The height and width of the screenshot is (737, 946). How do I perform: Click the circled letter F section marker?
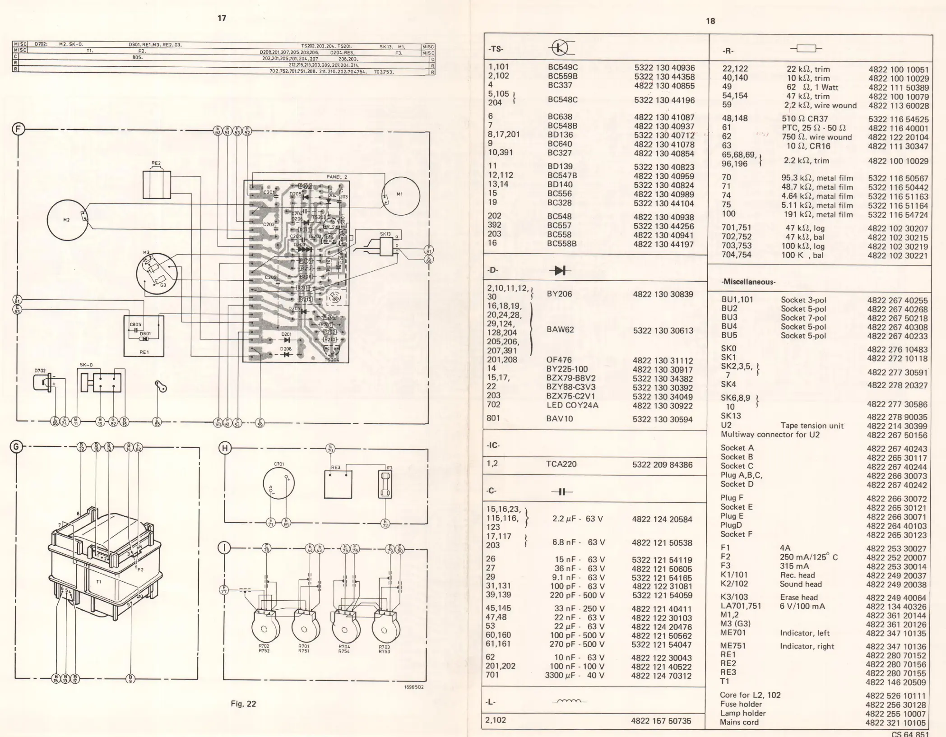pos(18,129)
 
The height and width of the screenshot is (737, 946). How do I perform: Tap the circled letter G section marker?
pos(16,448)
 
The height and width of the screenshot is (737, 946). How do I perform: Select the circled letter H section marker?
pos(224,448)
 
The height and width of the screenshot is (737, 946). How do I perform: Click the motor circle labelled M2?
pos(67,220)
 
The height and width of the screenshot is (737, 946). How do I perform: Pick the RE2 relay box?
pos(156,184)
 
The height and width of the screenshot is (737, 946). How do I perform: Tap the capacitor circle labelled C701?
pos(278,485)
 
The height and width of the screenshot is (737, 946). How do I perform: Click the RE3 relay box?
pos(338,484)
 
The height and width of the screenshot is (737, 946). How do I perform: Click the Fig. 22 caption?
pos(243,704)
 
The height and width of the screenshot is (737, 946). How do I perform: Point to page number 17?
pos(222,18)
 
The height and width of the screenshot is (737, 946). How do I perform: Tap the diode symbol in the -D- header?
pos(560,270)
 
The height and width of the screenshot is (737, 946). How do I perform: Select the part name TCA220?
pos(561,464)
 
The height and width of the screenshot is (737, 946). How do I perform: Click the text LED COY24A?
pos(572,405)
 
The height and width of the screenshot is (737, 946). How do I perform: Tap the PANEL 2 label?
pos(337,177)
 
